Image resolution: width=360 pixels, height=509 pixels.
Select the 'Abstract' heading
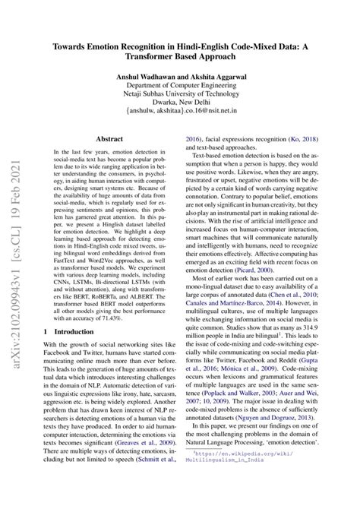point(110,140)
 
